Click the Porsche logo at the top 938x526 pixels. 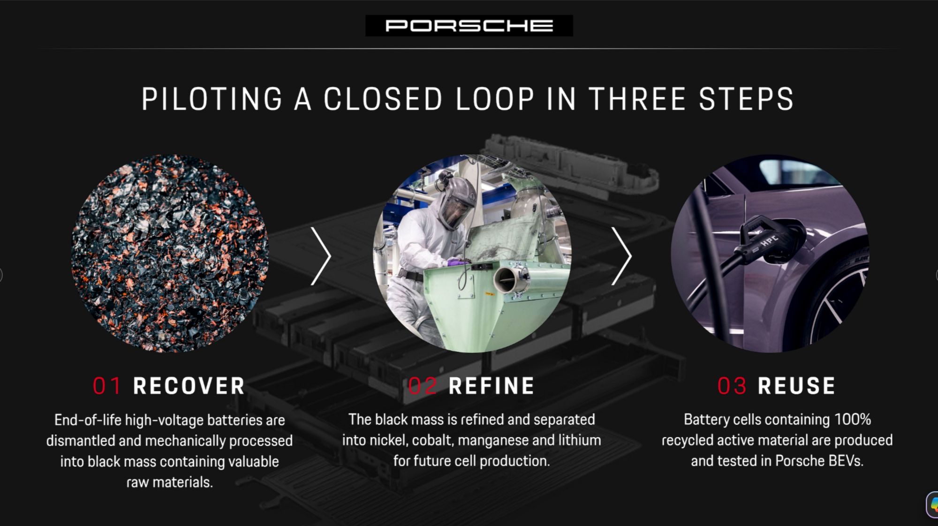click(469, 25)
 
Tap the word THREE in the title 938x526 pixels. click(637, 99)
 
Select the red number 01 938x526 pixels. click(107, 386)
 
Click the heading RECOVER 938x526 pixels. click(189, 386)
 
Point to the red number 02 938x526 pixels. click(423, 386)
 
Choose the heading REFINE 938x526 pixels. click(492, 386)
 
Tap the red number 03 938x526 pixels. click(732, 386)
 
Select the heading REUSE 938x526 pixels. click(797, 386)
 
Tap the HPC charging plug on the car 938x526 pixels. click(769, 239)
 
